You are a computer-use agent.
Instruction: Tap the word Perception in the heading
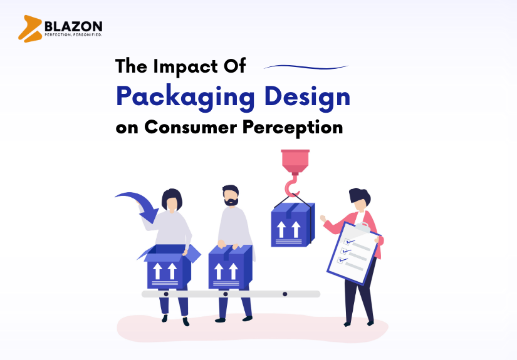(300, 128)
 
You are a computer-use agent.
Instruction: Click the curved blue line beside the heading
(305, 66)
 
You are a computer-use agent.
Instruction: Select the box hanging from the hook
(293, 224)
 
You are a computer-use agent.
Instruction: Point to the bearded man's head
(230, 195)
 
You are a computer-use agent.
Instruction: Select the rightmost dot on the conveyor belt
(285, 294)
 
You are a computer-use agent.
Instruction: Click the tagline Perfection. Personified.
(72, 35)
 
